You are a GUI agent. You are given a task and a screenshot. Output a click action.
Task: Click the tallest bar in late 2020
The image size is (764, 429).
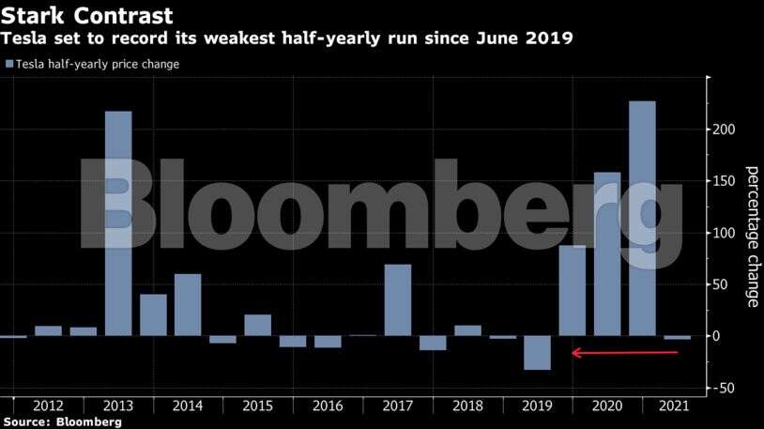tap(642, 218)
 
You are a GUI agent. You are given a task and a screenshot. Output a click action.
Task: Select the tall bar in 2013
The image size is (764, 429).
tap(118, 223)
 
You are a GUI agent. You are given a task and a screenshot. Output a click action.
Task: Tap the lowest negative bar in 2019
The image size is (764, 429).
tap(537, 353)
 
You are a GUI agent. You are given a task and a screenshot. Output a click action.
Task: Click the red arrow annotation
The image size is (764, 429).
tap(624, 353)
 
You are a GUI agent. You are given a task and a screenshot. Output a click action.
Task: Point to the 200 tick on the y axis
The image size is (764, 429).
tap(724, 130)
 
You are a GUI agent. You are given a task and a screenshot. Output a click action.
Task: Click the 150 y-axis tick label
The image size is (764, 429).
tap(724, 181)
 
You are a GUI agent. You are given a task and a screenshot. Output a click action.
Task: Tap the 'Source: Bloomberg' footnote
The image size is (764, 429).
tap(62, 422)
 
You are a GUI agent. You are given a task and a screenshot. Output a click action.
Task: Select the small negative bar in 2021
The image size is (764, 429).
tap(677, 338)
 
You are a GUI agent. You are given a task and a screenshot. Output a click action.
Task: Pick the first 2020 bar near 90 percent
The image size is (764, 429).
tap(572, 290)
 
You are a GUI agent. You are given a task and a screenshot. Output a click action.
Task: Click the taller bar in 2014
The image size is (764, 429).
tap(188, 305)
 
